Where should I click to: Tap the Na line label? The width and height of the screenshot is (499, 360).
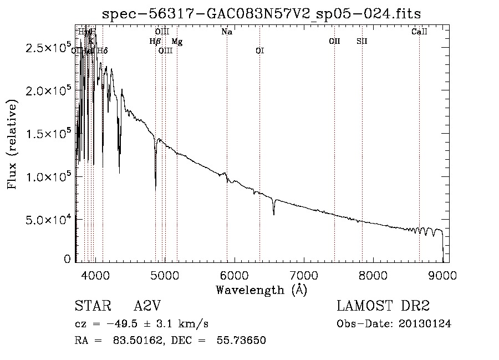pos(227,32)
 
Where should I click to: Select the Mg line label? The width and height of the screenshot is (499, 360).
pos(177,42)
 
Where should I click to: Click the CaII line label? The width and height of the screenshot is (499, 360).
pos(419,32)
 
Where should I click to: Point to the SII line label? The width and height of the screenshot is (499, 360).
pos(362,42)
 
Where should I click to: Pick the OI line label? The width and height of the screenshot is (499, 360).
pos(259,51)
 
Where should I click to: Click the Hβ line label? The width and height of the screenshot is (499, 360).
pos(155,42)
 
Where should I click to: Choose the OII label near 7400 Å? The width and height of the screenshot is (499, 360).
pos(334,42)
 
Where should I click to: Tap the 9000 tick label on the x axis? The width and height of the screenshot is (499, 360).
pos(442,275)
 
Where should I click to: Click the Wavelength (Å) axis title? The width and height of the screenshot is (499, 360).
pos(261,290)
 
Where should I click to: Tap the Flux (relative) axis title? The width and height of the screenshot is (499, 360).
pos(12,143)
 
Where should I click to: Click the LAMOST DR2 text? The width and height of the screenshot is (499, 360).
pos(383,307)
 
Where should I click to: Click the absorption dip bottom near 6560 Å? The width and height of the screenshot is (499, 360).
pos(273,214)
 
